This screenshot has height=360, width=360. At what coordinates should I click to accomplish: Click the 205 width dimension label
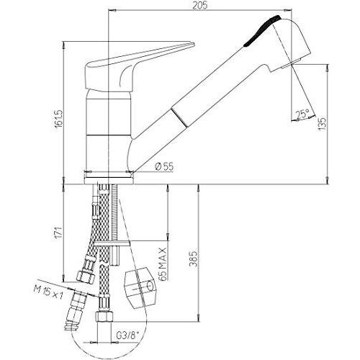[x=199, y=5]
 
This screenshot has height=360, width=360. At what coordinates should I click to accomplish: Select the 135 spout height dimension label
[x=323, y=123]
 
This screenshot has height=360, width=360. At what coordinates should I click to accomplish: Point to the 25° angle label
[x=302, y=114]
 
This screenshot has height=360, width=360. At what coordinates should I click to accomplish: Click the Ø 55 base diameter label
[x=164, y=166]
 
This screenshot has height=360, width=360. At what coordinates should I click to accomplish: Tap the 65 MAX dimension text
[x=163, y=264]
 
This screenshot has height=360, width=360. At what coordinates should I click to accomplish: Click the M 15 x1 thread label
[x=48, y=293]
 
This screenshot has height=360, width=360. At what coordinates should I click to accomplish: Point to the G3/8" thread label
[x=127, y=335]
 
